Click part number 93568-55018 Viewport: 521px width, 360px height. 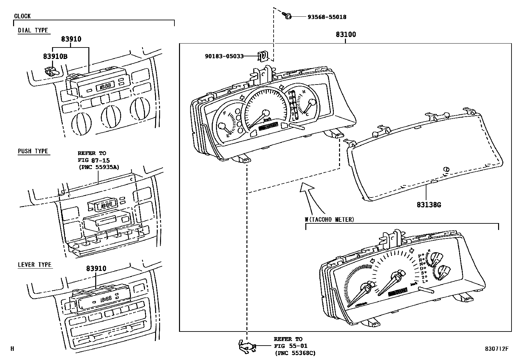[327, 17]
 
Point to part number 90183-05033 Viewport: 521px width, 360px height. [224, 56]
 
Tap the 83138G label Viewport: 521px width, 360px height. [429, 205]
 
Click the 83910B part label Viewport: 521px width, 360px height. [55, 56]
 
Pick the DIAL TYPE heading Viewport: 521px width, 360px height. [33, 30]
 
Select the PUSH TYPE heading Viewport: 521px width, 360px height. [33, 151]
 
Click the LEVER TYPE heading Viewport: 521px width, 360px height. [35, 265]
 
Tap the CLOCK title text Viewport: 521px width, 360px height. [22, 16]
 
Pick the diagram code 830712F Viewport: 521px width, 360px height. [496, 349]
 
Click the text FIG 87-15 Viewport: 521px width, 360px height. [94, 160]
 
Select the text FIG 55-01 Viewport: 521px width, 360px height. [291, 346]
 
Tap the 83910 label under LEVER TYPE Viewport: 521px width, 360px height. [96, 269]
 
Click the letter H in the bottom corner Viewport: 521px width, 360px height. [12, 349]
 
